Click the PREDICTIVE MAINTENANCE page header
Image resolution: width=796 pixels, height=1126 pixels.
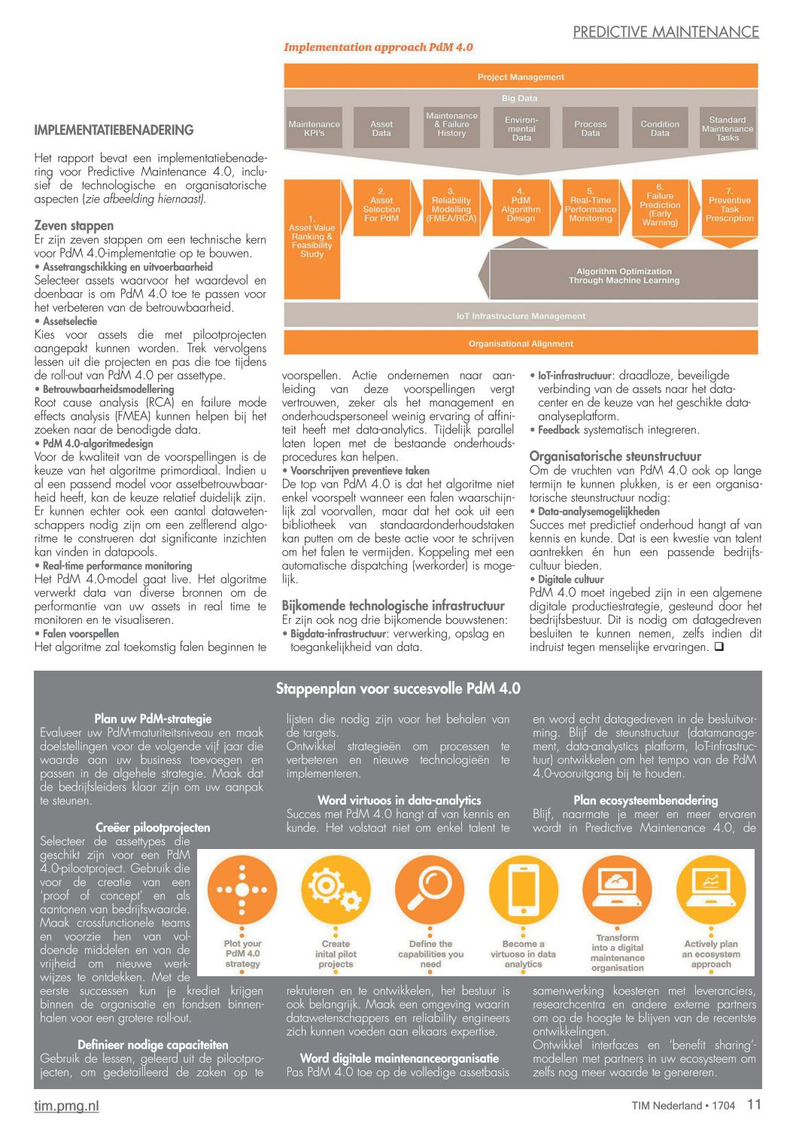point(666,32)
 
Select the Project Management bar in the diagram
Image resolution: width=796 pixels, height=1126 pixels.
point(521,77)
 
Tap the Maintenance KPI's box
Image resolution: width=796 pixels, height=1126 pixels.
point(314,129)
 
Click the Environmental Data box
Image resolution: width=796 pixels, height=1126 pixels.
point(521,129)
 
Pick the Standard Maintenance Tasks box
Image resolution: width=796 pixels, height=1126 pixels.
point(728,129)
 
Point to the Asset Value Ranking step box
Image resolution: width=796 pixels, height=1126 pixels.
point(311,236)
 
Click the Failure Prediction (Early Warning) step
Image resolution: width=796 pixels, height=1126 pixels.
point(660,205)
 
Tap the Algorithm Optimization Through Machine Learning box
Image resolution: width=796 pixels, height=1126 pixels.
point(624,275)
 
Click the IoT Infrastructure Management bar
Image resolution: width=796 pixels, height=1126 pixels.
point(521,316)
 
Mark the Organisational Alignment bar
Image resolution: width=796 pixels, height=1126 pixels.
point(521,343)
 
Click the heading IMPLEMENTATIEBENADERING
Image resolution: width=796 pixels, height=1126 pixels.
point(114,130)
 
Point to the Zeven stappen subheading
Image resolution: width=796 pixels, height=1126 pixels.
point(74,226)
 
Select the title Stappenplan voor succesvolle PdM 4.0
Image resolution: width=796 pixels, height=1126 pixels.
point(398,689)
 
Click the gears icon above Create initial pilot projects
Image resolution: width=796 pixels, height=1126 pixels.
point(336,890)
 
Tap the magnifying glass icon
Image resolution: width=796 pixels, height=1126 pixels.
point(430,890)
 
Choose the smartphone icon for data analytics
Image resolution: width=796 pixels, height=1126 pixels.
point(524,890)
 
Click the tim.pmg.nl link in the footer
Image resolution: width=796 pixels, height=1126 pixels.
point(66,1106)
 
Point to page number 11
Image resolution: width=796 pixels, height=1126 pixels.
point(754,1104)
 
